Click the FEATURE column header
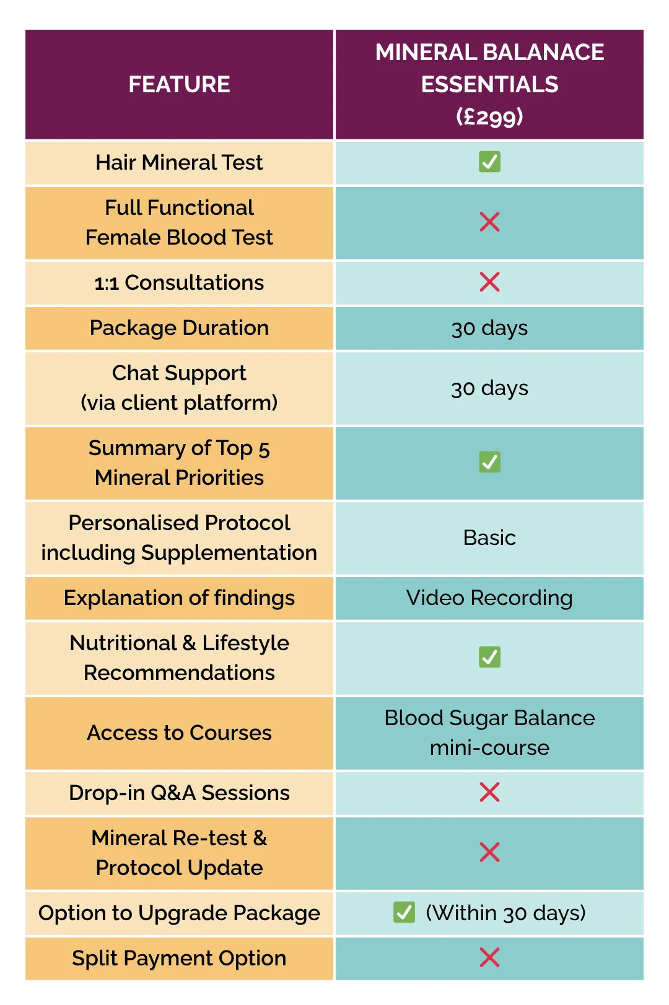179,84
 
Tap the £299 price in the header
489,116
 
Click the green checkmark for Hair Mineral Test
489,162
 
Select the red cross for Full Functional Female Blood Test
489,222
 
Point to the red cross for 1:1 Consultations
489,282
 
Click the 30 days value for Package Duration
489,328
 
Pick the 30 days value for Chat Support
489,388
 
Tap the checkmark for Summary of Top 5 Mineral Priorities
489,462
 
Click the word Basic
489,537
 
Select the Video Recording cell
489,598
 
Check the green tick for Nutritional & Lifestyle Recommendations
489,657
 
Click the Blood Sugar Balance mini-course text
489,733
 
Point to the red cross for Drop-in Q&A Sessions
489,793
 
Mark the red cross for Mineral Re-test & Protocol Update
489,853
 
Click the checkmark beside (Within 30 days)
404,912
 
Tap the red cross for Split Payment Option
489,957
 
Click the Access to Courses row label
179,733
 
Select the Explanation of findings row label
179,598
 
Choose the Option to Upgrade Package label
179,913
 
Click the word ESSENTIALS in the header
489,84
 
